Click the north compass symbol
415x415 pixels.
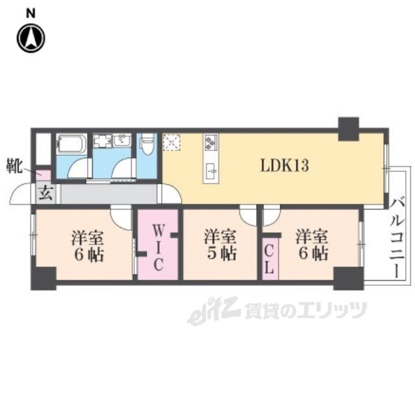(31, 38)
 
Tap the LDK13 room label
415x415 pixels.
(285, 166)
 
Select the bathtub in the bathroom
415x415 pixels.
(72, 144)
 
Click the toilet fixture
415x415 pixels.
(147, 145)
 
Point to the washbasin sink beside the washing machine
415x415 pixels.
(122, 140)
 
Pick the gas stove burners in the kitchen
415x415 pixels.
(211, 142)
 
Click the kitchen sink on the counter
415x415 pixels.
(211, 170)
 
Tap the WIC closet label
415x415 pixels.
(158, 248)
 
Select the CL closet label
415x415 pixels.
(269, 259)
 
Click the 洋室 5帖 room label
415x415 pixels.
(220, 245)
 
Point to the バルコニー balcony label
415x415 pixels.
(397, 238)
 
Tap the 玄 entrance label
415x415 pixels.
(46, 193)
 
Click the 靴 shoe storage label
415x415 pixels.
(14, 166)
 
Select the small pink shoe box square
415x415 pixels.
(43, 175)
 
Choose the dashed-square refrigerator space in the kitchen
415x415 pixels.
(171, 143)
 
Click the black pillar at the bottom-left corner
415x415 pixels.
(43, 278)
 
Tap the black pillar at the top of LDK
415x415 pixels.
(349, 129)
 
